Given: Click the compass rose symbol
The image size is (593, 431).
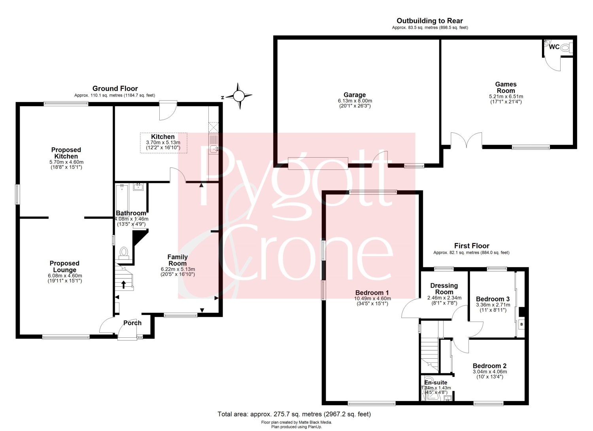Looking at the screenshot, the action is coord(240,96).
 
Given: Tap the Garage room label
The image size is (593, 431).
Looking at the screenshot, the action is coord(355,95).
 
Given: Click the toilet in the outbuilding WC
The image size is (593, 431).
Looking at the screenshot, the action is coord(566,48).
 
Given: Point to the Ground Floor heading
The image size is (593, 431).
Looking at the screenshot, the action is coord(115,88).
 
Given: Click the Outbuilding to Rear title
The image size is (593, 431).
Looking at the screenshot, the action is coord(430,21).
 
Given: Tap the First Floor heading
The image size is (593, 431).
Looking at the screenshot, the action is coord(472,246).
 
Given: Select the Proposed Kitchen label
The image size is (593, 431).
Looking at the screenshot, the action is coord(66,153).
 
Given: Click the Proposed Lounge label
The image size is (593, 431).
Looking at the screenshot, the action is coord(64,266).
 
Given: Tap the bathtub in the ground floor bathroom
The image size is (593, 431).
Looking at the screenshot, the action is coord(122,201).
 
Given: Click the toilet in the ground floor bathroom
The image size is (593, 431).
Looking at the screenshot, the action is coord(124,253).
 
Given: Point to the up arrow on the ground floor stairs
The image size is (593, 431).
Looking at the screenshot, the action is coord(124,285).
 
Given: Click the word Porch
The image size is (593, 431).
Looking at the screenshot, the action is coord(132,323).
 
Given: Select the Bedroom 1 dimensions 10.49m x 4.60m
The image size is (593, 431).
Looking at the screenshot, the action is coord(372,298).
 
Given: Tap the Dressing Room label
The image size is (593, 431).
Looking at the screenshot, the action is coord(444,289).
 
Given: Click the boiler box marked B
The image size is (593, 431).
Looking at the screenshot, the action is coord(521,324).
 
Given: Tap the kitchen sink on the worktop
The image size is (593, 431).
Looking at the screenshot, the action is coord(213,149).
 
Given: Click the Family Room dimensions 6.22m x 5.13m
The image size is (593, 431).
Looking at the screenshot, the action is coord(178,269).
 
